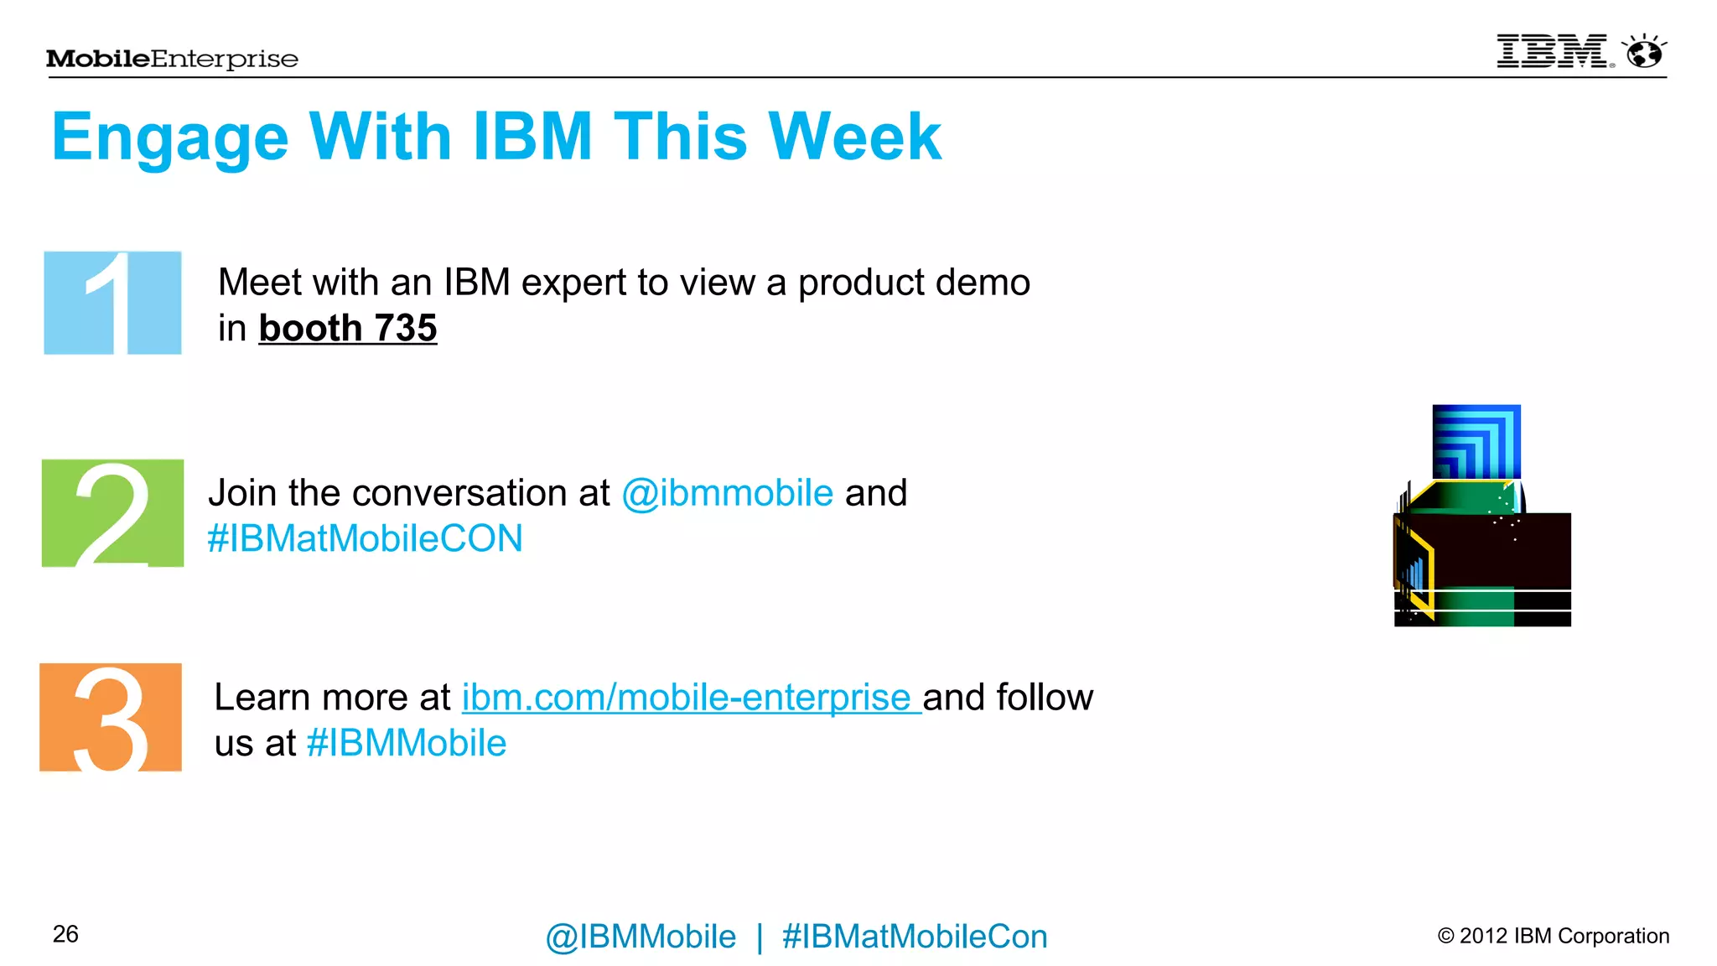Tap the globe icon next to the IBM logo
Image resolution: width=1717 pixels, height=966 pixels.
click(1644, 53)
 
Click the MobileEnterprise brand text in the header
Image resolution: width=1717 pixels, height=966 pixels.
click(172, 59)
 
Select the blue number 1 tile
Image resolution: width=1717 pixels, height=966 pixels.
click(112, 303)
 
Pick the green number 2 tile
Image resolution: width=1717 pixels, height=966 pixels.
click(112, 513)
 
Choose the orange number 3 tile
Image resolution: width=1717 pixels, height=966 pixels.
click(111, 717)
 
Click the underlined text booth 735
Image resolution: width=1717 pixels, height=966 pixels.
click(347, 328)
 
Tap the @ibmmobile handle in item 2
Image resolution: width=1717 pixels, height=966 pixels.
click(727, 493)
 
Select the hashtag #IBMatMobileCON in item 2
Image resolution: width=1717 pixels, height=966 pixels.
click(365, 538)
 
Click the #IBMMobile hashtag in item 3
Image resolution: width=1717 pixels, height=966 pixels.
click(407, 743)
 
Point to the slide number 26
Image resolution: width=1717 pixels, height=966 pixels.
click(65, 934)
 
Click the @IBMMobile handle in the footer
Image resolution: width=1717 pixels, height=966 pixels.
click(641, 937)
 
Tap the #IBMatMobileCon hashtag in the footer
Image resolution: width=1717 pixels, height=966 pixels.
click(914, 937)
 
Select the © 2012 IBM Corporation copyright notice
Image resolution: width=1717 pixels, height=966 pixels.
click(1553, 936)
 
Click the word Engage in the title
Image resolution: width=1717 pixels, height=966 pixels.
click(170, 138)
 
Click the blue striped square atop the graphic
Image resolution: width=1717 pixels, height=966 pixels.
click(1476, 442)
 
